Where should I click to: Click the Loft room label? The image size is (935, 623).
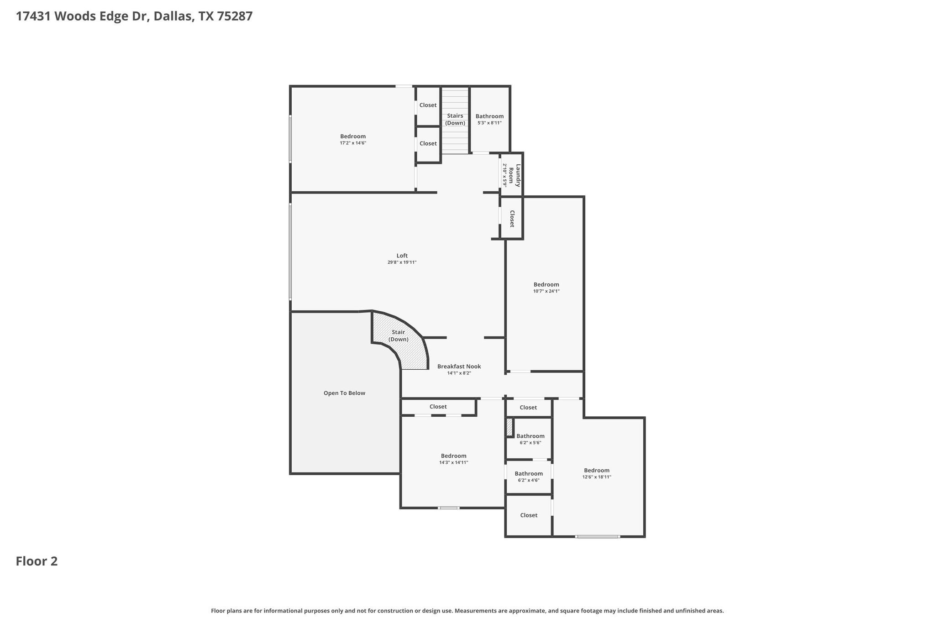click(x=402, y=256)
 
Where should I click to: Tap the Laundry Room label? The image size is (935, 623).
click(x=515, y=175)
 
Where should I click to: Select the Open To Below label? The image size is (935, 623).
click(x=344, y=393)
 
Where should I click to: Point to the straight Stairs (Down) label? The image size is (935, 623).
click(x=455, y=119)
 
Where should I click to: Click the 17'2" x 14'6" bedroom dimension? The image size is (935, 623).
click(x=353, y=143)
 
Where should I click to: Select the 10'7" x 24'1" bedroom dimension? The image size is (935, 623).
click(x=546, y=291)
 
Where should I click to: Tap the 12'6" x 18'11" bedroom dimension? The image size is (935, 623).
click(x=596, y=477)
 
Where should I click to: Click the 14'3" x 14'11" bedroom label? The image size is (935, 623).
click(x=453, y=456)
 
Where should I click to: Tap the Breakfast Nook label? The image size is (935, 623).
click(x=459, y=366)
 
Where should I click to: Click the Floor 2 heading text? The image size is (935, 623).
click(x=37, y=561)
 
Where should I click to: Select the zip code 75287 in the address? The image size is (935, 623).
click(x=235, y=16)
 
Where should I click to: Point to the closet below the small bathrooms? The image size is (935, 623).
click(x=529, y=515)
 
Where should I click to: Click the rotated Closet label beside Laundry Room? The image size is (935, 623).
click(x=512, y=219)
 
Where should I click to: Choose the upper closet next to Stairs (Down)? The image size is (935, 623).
click(x=428, y=105)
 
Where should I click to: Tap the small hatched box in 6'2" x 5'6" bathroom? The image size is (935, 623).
click(x=510, y=427)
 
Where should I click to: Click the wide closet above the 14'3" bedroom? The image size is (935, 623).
click(x=438, y=407)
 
